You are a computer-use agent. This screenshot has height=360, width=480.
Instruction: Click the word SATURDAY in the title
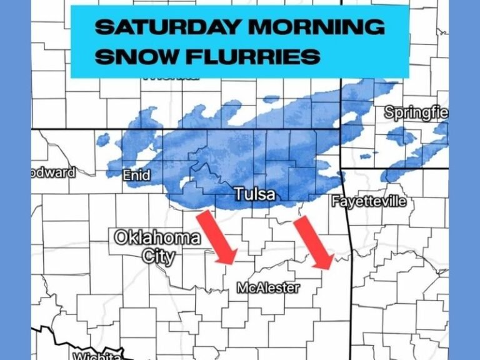pyautogui.click(x=168, y=28)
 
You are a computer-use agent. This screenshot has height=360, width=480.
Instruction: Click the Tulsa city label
pyautogui.click(x=254, y=194)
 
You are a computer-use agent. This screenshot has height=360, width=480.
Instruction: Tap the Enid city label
pyautogui.click(x=136, y=176)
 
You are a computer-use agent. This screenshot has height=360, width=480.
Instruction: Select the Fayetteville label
pyautogui.click(x=368, y=202)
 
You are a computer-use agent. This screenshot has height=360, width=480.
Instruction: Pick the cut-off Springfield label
pyautogui.click(x=416, y=113)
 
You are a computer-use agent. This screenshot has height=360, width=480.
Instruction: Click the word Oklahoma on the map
pyautogui.click(x=157, y=238)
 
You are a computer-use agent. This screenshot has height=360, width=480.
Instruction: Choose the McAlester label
pyautogui.click(x=268, y=287)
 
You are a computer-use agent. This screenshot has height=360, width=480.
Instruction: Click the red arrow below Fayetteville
pyautogui.click(x=312, y=244)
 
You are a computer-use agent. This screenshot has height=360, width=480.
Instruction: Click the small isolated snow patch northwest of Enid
pyautogui.click(x=104, y=139)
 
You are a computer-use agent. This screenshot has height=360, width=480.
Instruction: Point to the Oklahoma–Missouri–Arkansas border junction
pyautogui.click(x=341, y=169)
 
